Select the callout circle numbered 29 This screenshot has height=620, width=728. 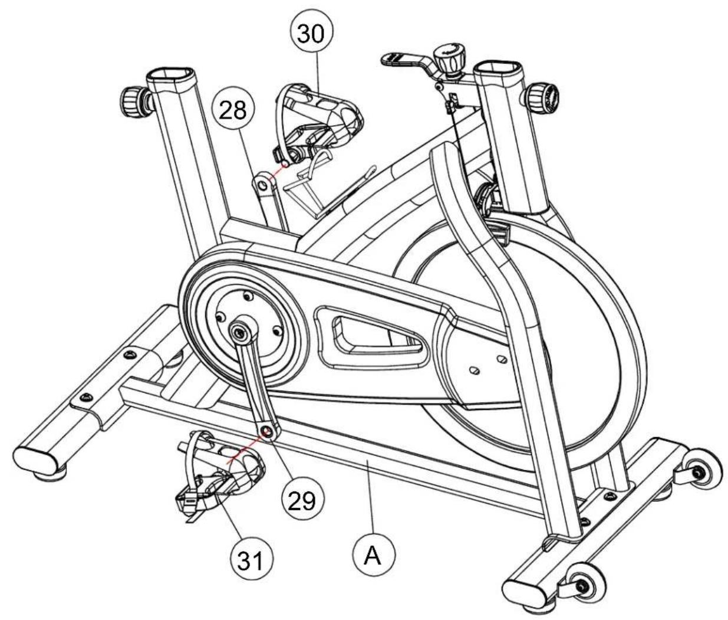point(302,500)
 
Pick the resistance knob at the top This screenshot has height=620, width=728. point(449,58)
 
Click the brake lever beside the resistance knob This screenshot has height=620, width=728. point(405,62)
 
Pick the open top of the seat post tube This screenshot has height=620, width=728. point(170,75)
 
